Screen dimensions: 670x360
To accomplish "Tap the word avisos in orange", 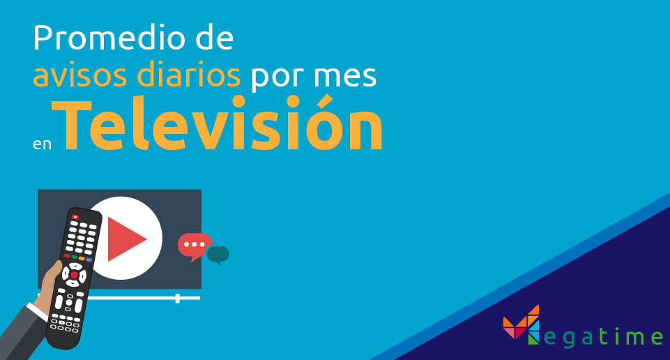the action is [x=80, y=75].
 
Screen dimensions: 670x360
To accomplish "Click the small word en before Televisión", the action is [x=42, y=144].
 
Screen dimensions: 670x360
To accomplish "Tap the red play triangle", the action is [x=126, y=239].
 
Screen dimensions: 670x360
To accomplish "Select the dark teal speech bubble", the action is [x=218, y=255].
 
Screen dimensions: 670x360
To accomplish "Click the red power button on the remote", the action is [x=75, y=217].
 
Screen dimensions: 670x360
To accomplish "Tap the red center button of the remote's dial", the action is [x=74, y=275].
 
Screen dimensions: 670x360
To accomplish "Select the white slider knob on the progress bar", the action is [x=178, y=299].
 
